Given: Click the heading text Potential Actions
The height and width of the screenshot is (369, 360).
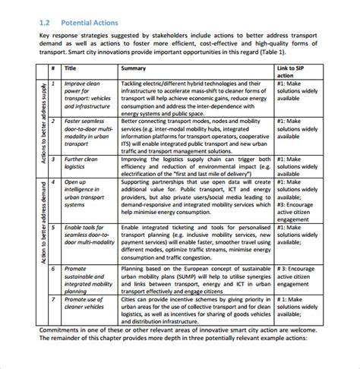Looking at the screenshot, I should click(93, 22).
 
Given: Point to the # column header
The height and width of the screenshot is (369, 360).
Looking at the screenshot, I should click(53, 68).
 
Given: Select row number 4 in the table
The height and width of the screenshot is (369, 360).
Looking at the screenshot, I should click(53, 182).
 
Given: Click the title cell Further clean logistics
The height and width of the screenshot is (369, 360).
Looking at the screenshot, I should click(81, 162).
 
